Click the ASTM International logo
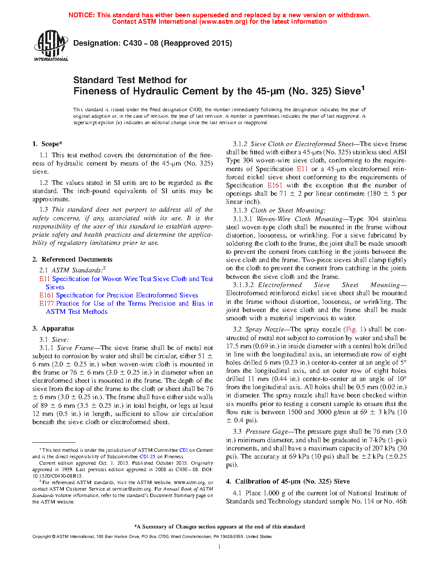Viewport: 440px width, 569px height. [50, 45]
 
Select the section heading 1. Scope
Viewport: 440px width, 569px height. [47, 144]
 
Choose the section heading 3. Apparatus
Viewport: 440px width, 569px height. [53, 328]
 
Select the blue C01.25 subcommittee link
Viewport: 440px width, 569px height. [147, 456]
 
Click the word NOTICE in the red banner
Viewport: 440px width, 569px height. [82, 15]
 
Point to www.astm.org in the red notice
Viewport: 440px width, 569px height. [223, 22]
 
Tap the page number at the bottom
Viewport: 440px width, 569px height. [220, 547]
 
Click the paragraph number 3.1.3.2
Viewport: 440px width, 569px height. [243, 285]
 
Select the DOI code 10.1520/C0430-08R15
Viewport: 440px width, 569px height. [57, 476]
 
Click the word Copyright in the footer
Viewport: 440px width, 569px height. [41, 537]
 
